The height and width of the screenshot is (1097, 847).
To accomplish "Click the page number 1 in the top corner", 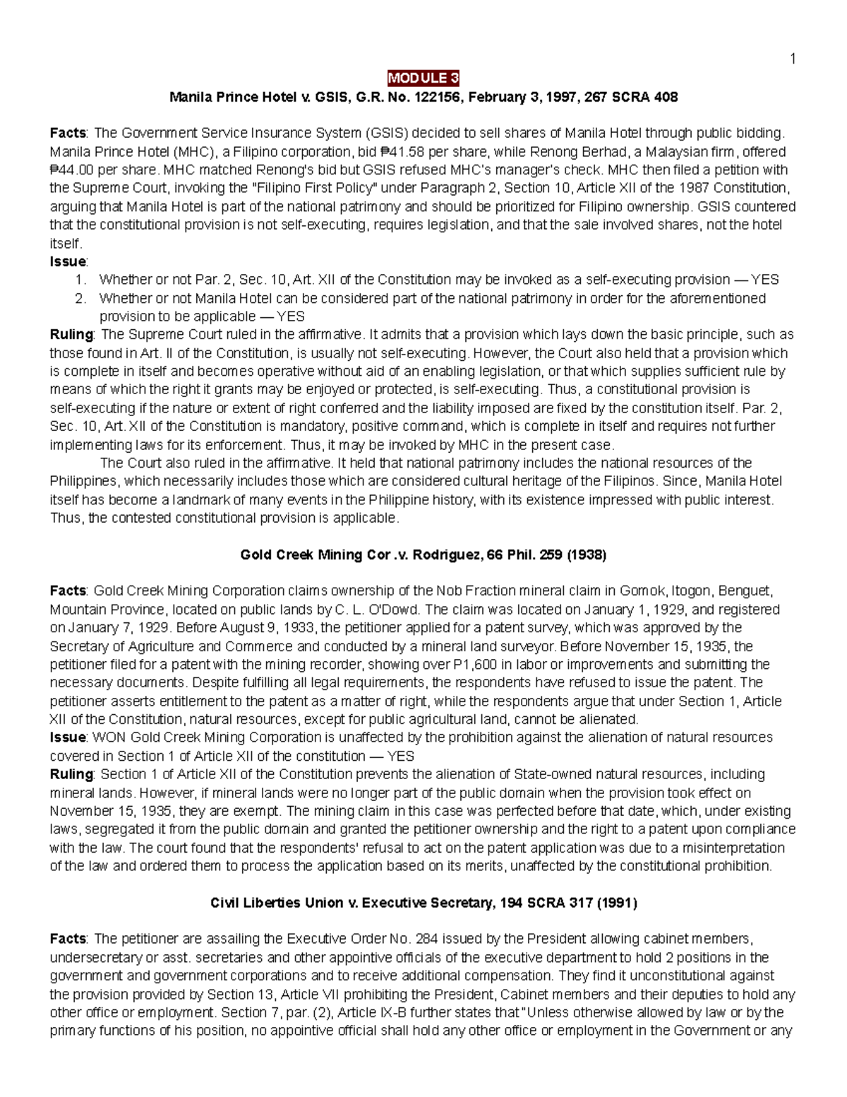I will (793, 59).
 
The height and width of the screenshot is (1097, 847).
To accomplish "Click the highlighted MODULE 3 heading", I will (423, 78).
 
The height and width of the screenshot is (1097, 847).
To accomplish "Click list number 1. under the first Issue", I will (80, 280).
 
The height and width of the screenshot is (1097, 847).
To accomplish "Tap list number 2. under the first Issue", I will (80, 298).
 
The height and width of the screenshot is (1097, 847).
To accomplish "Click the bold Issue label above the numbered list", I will (68, 261).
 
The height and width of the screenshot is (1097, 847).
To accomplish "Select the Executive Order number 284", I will (426, 939).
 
